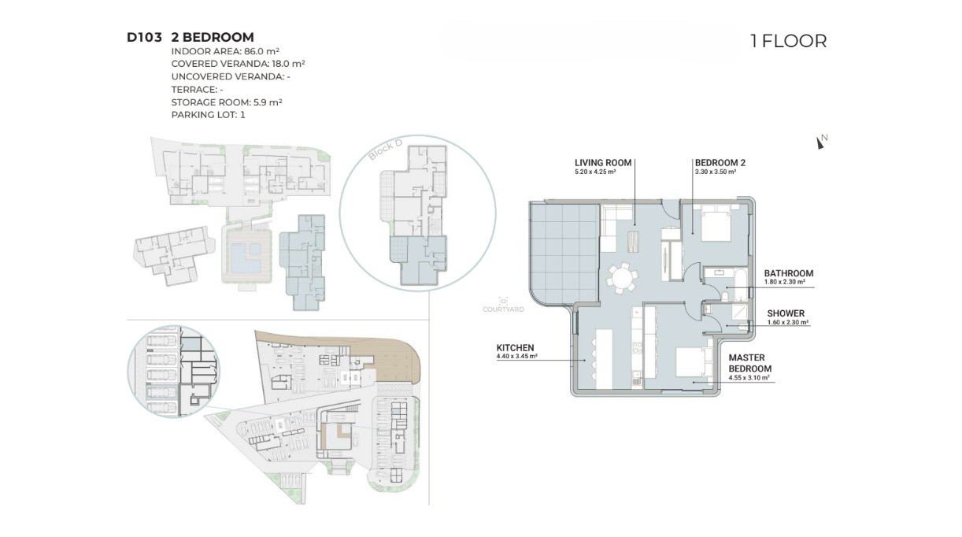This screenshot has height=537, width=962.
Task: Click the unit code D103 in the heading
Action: click(144, 37)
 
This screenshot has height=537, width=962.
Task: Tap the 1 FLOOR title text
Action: click(789, 41)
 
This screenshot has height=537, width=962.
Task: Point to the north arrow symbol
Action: click(821, 142)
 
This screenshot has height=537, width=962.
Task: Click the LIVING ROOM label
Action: click(603, 163)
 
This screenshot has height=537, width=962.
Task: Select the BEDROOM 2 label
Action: click(720, 163)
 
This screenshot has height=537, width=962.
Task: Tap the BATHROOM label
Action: click(789, 273)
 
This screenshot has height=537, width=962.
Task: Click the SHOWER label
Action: click(786, 313)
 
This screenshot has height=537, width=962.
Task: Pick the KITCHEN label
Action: click(516, 348)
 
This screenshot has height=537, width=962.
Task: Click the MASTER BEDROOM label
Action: click(750, 363)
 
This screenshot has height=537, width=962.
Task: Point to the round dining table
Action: click(622, 279)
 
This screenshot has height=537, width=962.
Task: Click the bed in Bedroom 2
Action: click(716, 224)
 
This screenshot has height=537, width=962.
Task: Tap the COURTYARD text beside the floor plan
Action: click(503, 309)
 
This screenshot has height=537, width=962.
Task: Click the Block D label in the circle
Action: click(385, 150)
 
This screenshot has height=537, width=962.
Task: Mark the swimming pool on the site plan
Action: click(246, 257)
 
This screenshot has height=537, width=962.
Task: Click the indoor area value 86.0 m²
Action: click(262, 51)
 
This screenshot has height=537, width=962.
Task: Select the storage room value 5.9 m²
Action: click(268, 102)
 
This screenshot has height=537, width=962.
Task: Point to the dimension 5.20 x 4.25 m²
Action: click(595, 172)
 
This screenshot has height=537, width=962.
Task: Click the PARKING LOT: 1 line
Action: click(209, 115)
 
